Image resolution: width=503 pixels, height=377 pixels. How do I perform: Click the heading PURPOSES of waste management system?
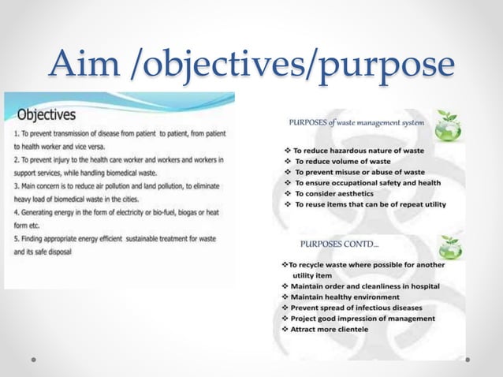pyautogui.click(x=358, y=122)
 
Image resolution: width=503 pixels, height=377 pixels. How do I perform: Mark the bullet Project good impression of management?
pyautogui.click(x=363, y=318)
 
